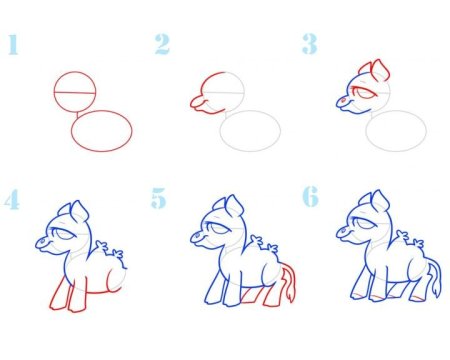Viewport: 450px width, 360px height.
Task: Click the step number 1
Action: tap(13, 44)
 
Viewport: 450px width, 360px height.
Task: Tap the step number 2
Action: tap(162, 44)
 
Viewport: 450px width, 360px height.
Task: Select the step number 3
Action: tap(310, 44)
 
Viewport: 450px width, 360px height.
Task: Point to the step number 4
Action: tap(12, 199)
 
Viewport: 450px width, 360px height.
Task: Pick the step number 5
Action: tap(158, 198)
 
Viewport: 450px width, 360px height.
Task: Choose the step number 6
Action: tap(310, 197)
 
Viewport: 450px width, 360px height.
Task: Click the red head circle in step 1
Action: tap(75, 71)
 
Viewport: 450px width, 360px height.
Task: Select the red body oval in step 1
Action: tap(102, 111)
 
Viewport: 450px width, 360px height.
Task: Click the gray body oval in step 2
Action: tap(250, 111)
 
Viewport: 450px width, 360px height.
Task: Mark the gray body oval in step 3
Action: tap(396, 111)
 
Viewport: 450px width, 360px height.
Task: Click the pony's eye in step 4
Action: tap(64, 234)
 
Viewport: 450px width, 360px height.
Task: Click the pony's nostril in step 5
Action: tap(197, 236)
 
